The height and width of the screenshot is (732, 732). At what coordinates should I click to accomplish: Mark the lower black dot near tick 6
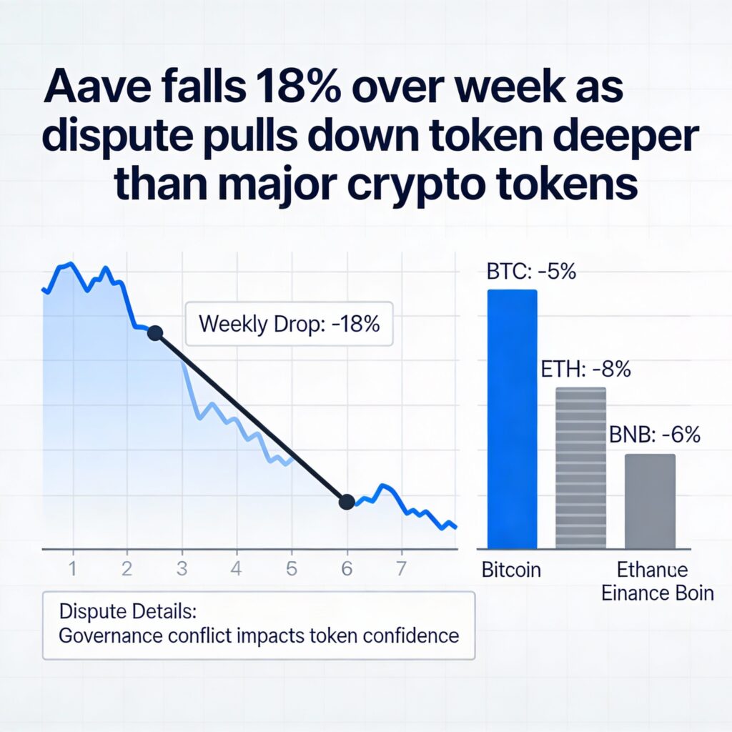(x=346, y=502)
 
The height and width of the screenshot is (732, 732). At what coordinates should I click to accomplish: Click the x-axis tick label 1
(x=72, y=570)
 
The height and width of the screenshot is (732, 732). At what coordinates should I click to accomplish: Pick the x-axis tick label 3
(x=182, y=570)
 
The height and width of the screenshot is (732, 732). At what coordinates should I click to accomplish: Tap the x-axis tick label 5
(x=291, y=570)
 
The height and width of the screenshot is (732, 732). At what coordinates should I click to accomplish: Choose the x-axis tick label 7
(x=401, y=570)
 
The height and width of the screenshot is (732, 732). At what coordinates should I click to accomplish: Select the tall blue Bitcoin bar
(x=512, y=418)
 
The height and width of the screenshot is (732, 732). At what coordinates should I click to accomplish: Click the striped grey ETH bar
(x=580, y=468)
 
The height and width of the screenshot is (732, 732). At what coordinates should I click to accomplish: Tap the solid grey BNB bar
(x=650, y=500)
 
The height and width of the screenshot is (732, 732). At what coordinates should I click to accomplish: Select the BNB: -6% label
(x=654, y=435)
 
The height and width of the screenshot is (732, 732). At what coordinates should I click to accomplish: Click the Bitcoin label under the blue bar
(x=511, y=570)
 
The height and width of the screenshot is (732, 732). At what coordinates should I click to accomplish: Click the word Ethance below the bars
(x=653, y=570)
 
